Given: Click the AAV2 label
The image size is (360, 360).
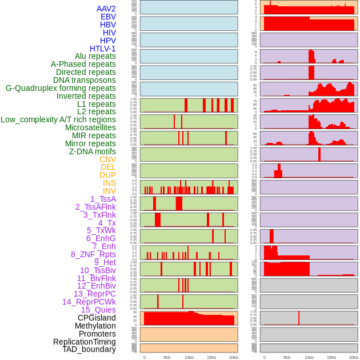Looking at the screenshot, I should point(106,9).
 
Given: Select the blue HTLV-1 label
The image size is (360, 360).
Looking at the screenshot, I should point(102,49).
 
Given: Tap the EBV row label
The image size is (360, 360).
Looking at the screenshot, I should point(108,17).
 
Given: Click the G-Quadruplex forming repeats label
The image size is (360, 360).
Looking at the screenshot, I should point(61,88).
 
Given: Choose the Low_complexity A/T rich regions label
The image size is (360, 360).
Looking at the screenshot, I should point(58,119).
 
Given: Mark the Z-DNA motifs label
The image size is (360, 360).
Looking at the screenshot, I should point(93,151).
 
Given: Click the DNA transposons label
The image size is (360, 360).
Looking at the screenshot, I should point(85,80).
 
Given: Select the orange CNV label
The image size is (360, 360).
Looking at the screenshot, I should point(107,159).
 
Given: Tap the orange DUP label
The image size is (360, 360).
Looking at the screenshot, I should point(107,175).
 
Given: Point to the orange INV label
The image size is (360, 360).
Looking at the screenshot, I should point(109,191).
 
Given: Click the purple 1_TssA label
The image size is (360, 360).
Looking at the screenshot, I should point(103,199).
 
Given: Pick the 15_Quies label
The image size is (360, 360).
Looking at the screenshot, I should point(98,310).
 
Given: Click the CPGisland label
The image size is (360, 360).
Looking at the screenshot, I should point(97,318).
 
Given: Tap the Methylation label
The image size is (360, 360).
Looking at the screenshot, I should point(95,326).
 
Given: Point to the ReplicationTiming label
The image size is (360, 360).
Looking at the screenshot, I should point(85,342).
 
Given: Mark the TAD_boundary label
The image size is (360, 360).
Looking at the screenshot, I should point(89,349).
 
